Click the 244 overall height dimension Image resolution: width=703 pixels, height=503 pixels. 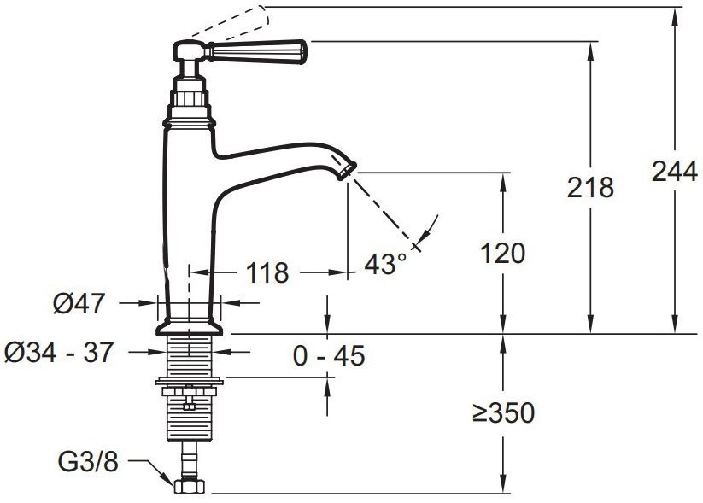[x=674, y=172]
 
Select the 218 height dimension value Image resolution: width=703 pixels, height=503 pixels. [x=590, y=187]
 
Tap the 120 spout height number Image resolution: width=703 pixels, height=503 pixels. [x=503, y=254]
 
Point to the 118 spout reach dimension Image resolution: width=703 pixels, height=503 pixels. [x=267, y=272]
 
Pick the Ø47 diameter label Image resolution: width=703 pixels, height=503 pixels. [x=79, y=303]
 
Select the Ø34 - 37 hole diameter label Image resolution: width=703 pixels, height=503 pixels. [x=59, y=352]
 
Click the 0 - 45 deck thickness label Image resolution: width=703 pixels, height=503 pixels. [x=329, y=356]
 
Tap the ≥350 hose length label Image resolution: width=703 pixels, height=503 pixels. [x=503, y=412]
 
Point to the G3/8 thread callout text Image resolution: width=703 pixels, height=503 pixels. [x=88, y=461]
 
